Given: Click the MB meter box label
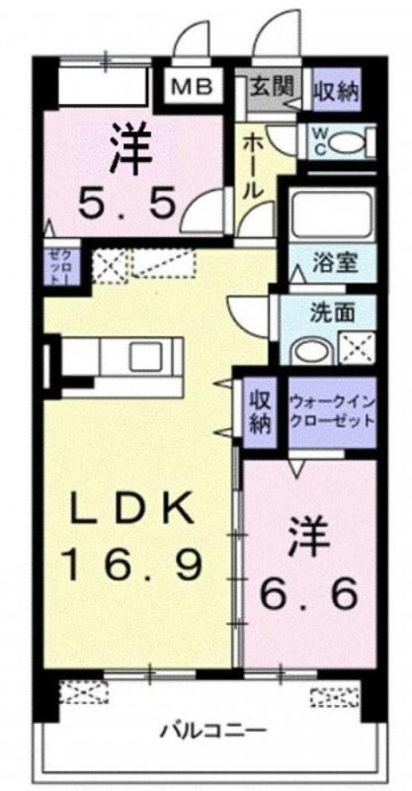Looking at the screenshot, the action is (192, 87).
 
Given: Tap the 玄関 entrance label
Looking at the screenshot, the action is (272, 87).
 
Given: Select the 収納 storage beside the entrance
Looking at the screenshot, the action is (336, 90).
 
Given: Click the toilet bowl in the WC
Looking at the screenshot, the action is (349, 142).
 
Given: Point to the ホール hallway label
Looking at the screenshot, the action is (253, 166).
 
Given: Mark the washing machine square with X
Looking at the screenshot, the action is (356, 348).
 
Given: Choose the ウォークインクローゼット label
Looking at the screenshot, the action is (333, 412).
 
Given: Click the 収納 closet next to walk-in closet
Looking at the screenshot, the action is (261, 412).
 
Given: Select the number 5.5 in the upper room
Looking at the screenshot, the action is (126, 205).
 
